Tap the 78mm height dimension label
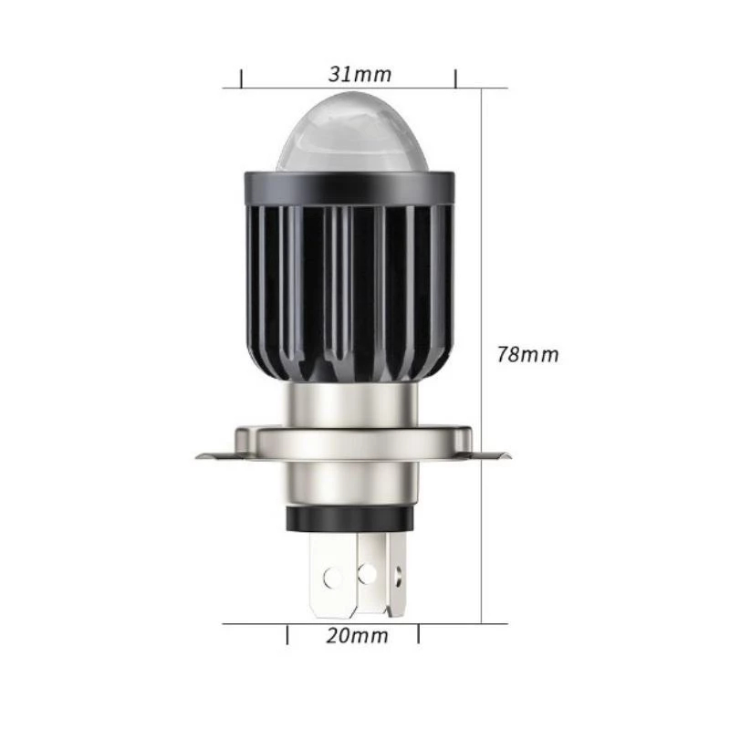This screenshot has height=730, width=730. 527,354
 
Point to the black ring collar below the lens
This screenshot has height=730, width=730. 351,188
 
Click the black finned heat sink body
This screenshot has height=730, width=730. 351,292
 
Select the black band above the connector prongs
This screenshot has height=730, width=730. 352,519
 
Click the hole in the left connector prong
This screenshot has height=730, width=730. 332,578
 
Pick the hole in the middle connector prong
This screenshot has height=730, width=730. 369,572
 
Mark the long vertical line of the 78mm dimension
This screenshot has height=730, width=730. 482,356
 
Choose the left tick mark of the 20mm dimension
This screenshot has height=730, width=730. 288,634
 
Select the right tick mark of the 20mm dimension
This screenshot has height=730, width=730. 418,634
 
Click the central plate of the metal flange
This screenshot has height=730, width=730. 352,443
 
